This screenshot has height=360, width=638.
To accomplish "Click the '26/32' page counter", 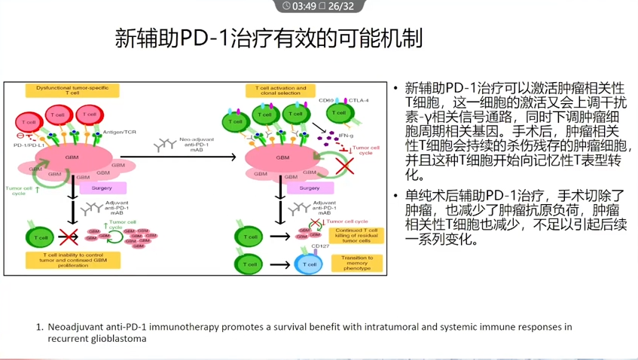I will [x=341, y=6].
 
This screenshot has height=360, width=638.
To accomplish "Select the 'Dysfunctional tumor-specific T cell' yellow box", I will [x=72, y=91].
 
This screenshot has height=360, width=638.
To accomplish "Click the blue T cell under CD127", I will [x=310, y=264].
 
